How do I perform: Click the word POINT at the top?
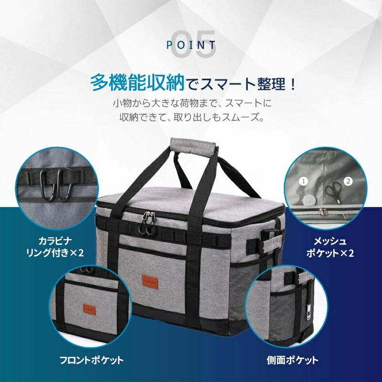pyautogui.click(x=191, y=45)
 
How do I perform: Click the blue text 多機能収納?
pyautogui.click(x=138, y=83)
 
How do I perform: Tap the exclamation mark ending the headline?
pyautogui.click(x=293, y=84)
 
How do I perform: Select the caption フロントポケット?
pyautogui.click(x=92, y=360)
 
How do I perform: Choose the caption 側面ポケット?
pyautogui.click(x=293, y=360)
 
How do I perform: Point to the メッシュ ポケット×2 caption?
pyautogui.click(x=330, y=247)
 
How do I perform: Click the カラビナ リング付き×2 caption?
pyautogui.click(x=55, y=247)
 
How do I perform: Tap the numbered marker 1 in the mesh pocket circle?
pyautogui.click(x=303, y=181)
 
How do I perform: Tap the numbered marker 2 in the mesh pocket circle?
pyautogui.click(x=348, y=181)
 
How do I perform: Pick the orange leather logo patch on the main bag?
pyautogui.click(x=150, y=282)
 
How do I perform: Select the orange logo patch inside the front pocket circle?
pyautogui.click(x=89, y=309)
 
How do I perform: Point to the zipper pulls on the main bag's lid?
pyautogui.click(x=148, y=223)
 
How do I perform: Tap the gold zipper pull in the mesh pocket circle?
pyautogui.click(x=323, y=212)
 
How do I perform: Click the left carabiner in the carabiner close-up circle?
pyautogui.click(x=47, y=186)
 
